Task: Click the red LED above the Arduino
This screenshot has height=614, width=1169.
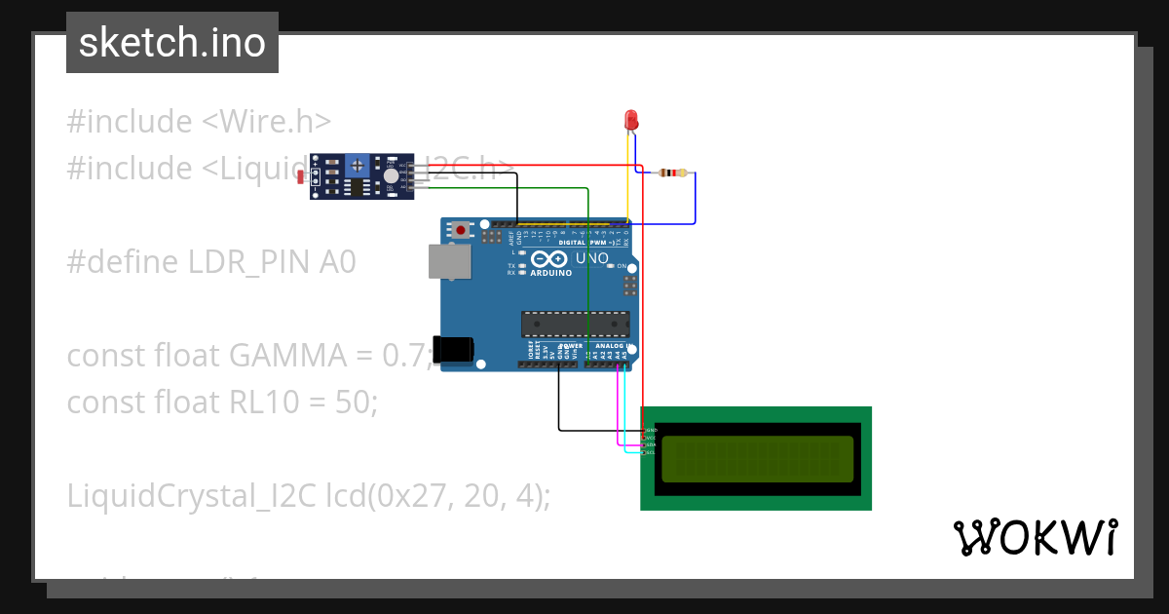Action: coord(631,120)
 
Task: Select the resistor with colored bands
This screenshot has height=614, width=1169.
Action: coord(671,173)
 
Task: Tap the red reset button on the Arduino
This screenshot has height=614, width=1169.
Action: coord(460,231)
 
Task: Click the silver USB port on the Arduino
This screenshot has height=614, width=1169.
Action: coord(448,261)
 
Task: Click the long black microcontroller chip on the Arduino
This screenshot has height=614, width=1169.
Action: coord(575,324)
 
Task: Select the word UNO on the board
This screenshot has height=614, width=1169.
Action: coord(591,259)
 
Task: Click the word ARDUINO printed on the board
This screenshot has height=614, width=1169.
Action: coord(550,273)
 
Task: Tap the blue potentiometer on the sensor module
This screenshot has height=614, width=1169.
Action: coord(358,166)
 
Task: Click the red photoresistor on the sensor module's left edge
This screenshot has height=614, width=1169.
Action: coord(315,176)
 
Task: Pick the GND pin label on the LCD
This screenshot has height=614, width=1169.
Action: coord(651,430)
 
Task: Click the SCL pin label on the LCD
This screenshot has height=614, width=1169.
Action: coord(651,452)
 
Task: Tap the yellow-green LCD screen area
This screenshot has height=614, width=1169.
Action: coord(757,459)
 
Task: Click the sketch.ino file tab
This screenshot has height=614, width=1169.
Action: coord(172,43)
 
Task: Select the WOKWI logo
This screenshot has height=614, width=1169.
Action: coord(1035,537)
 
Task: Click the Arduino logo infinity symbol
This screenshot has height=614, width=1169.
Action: coord(548,259)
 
